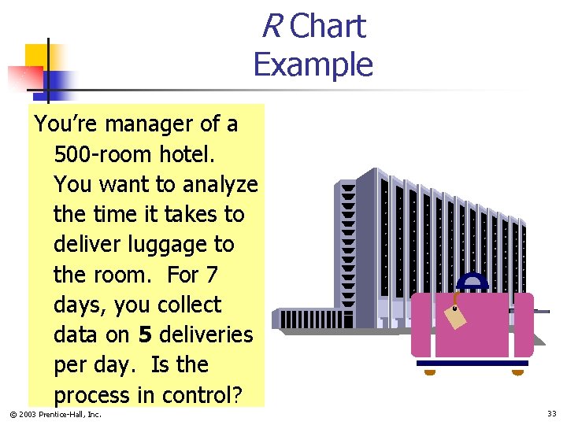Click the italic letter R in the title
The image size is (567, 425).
click(272, 27)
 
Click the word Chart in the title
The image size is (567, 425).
click(328, 27)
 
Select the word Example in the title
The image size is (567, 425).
click(313, 64)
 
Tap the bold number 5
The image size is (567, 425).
click(145, 334)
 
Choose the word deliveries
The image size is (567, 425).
click(206, 334)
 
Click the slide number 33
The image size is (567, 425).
click(551, 413)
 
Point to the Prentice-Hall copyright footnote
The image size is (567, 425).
click(56, 414)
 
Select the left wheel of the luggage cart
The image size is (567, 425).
click(430, 372)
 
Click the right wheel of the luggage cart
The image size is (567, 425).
click(517, 372)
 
